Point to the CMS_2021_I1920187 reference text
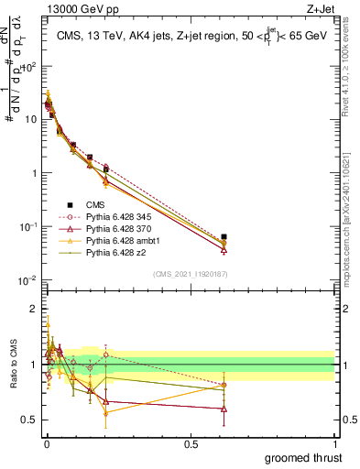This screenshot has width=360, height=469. point(190,274)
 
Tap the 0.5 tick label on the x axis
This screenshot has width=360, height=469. point(191,444)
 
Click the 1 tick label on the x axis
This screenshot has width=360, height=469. point(334,444)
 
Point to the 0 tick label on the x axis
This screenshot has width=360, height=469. point(47,444)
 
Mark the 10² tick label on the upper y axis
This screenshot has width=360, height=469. point(29,66)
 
